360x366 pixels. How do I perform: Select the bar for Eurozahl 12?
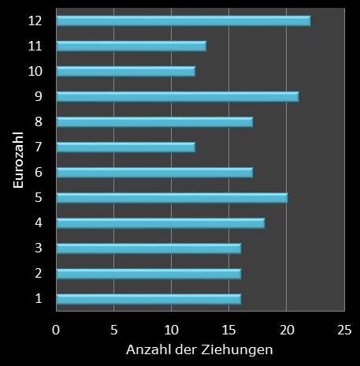(184, 21)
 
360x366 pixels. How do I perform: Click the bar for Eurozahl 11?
(132, 46)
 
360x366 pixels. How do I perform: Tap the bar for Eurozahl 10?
(126, 71)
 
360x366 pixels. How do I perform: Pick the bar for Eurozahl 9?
(178, 96)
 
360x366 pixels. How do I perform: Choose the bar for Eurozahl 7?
(126, 147)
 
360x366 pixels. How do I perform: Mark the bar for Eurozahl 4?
(161, 222)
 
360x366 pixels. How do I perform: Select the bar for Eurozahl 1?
(149, 298)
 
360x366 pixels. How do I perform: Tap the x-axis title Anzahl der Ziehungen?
(199, 348)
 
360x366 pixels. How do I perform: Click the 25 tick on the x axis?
(344, 327)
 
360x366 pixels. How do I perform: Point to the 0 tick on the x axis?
(57, 327)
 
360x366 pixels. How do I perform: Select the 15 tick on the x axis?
(229, 327)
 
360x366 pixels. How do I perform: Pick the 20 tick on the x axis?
(287, 327)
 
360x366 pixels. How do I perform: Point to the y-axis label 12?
(35, 21)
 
